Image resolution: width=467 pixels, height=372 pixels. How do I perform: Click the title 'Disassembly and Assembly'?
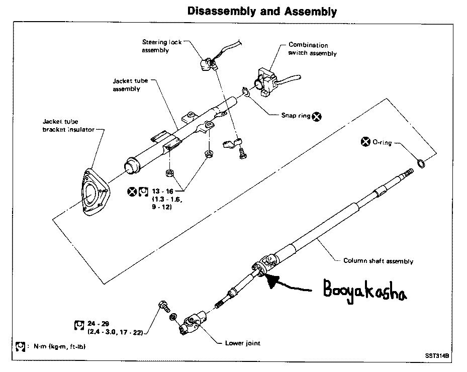[x=262, y=12]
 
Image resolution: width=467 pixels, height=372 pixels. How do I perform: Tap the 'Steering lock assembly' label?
[x=162, y=46]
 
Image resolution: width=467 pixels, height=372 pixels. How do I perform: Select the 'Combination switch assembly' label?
[x=313, y=49]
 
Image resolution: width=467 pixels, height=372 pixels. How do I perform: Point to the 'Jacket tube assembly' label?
[x=130, y=85]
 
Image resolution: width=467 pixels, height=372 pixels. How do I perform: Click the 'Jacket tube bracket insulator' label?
[x=68, y=125]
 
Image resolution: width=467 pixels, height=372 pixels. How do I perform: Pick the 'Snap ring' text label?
[x=296, y=116]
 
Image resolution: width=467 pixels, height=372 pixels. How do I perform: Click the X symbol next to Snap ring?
[x=317, y=117]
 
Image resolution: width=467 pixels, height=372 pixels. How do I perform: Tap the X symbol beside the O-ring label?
[x=365, y=142]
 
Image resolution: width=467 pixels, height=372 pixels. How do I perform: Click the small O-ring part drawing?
[x=421, y=163]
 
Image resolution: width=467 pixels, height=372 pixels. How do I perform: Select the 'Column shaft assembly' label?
[x=378, y=261]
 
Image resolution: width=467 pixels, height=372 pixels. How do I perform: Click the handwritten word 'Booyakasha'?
[x=365, y=291]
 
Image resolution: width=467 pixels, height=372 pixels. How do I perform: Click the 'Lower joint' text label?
[x=242, y=343]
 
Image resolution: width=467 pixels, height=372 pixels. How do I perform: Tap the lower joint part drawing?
[x=193, y=323]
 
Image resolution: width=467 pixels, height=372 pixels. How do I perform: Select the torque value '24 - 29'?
[x=99, y=324]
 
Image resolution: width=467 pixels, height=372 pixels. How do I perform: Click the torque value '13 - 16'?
[x=162, y=191]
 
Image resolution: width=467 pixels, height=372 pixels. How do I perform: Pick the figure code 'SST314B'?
[x=437, y=355]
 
